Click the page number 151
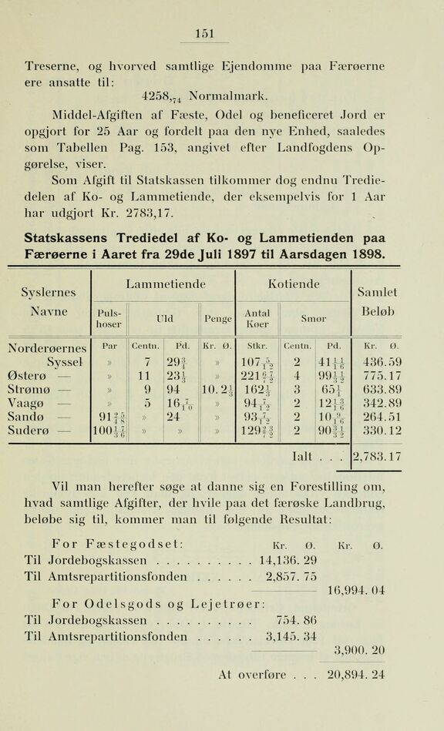pos(204,33)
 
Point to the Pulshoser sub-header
pos(108,317)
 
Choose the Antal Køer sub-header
pos(257,317)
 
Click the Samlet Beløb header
pos(383,302)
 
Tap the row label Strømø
pos(45,389)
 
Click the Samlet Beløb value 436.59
pos(382,361)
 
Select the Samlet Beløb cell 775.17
pos(382,375)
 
